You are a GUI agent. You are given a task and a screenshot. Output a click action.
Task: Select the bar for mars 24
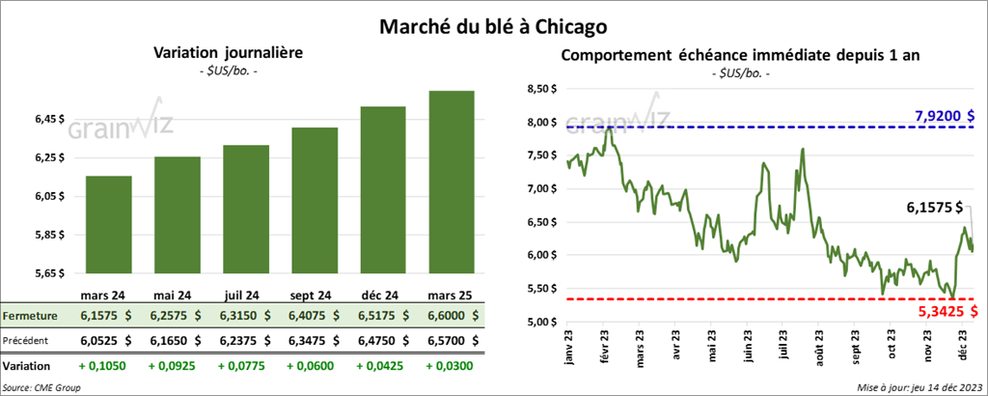[x=109, y=225]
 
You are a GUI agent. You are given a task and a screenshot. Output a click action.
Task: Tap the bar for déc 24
[x=382, y=189]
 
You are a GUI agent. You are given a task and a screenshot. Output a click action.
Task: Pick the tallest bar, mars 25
[x=451, y=182]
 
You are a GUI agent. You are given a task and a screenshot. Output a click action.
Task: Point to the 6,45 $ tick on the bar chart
[x=49, y=120]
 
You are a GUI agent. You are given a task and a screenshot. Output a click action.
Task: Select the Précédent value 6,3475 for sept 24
[x=314, y=340]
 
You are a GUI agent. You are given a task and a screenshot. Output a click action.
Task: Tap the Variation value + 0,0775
[x=245, y=367]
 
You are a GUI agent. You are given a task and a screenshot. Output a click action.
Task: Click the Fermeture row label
[x=30, y=316]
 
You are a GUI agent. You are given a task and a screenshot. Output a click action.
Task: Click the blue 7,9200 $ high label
[x=945, y=117]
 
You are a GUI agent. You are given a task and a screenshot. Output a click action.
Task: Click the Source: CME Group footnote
[x=42, y=387]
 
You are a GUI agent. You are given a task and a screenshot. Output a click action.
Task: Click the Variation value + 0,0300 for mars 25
[x=451, y=367]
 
